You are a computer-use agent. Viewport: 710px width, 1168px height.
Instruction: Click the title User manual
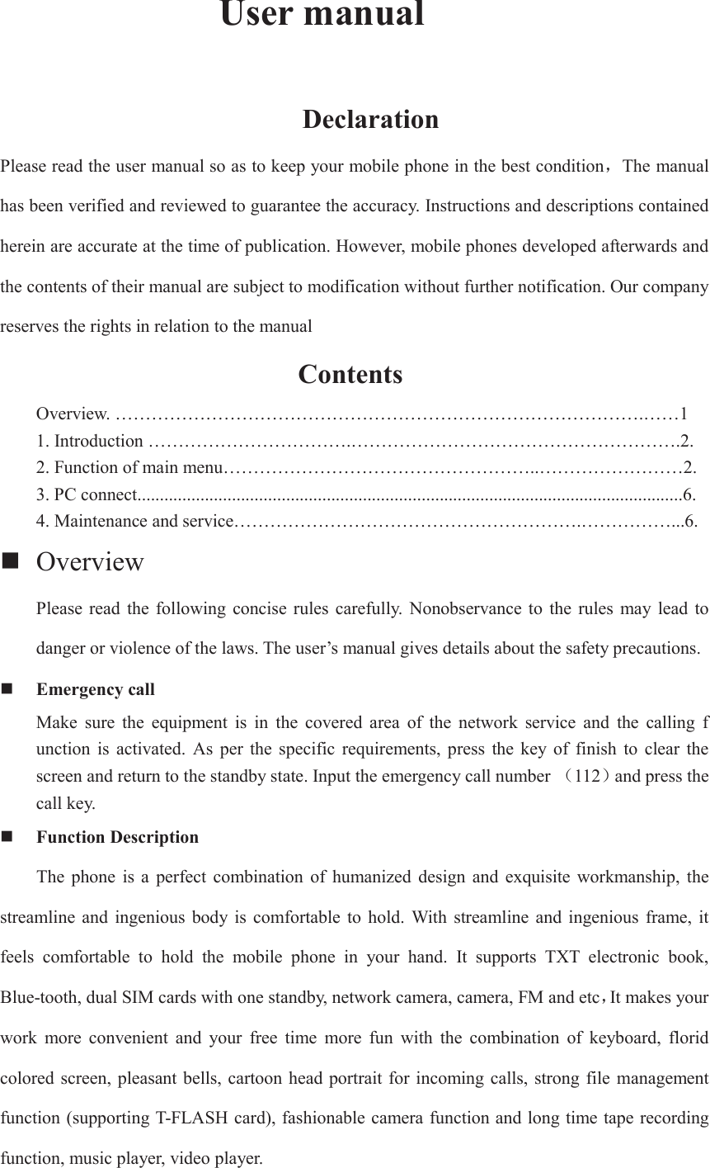tap(322, 15)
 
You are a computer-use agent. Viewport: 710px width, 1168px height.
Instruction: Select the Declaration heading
tap(370, 120)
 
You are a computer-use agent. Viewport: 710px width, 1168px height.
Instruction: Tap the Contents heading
tap(350, 375)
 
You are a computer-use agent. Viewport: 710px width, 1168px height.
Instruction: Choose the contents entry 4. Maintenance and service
tap(135, 521)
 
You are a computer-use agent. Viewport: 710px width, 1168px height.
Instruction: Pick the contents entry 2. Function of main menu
tap(129, 468)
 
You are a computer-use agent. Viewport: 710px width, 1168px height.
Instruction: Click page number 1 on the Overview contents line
tap(683, 413)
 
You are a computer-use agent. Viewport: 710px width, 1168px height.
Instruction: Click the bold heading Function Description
tap(118, 837)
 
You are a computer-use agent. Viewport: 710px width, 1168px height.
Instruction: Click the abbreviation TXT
tap(562, 958)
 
